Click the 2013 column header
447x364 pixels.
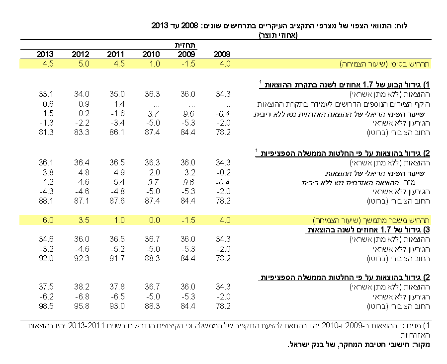[x=45, y=54]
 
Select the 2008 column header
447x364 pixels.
[x=222, y=54]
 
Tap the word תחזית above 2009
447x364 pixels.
[x=185, y=45]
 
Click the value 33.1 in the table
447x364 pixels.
[x=46, y=94]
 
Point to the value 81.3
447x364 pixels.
[x=46, y=133]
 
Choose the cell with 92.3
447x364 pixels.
[x=82, y=258]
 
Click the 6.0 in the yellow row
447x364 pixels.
[x=48, y=220]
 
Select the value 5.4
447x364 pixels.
[x=119, y=182]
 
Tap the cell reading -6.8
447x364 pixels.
[x=82, y=296]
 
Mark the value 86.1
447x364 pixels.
[x=117, y=133]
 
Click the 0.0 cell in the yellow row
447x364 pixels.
[x=155, y=220]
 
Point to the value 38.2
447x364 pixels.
[x=82, y=287]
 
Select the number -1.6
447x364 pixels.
[x=118, y=113]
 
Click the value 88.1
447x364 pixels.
[x=46, y=201]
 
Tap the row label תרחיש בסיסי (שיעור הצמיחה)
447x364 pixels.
[x=384, y=64]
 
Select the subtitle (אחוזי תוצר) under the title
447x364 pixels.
[x=278, y=35]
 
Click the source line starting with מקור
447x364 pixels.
[x=358, y=344]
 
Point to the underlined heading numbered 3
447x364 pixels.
[x=367, y=229]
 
